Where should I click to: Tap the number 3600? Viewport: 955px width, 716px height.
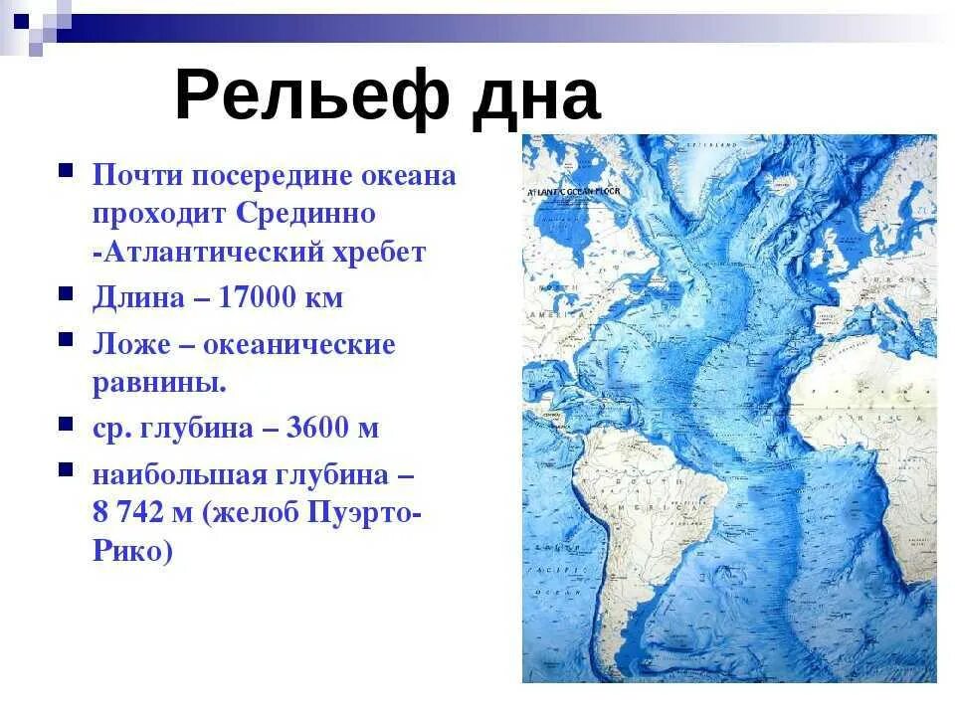tap(318, 429)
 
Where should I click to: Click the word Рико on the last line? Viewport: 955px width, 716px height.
tap(128, 551)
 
